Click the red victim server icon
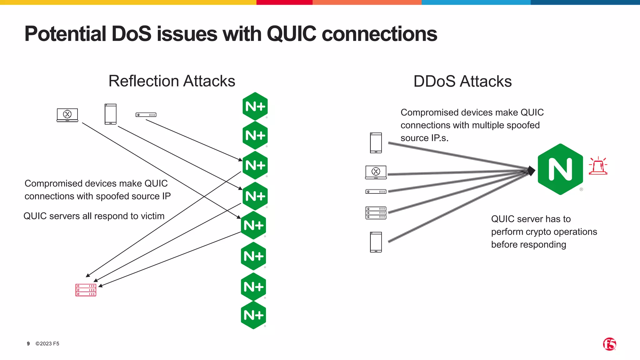coord(86,290)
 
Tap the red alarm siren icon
coord(598,166)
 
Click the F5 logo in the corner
coord(609,344)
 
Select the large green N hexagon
coord(560,169)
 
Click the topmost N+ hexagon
coord(255,107)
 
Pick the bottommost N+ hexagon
coord(253,315)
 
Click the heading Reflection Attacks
coord(172,81)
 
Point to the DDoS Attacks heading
coord(462,82)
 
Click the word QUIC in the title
coord(291,34)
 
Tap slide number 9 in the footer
coord(28,344)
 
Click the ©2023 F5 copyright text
coord(47,344)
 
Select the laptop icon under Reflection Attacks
coord(67,115)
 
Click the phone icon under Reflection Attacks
coord(111,114)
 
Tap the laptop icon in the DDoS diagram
coord(376,172)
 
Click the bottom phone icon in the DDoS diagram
coord(376,242)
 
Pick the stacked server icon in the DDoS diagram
coord(376,213)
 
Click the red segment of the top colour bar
coord(284,2)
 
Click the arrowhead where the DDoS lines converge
coord(532,171)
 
